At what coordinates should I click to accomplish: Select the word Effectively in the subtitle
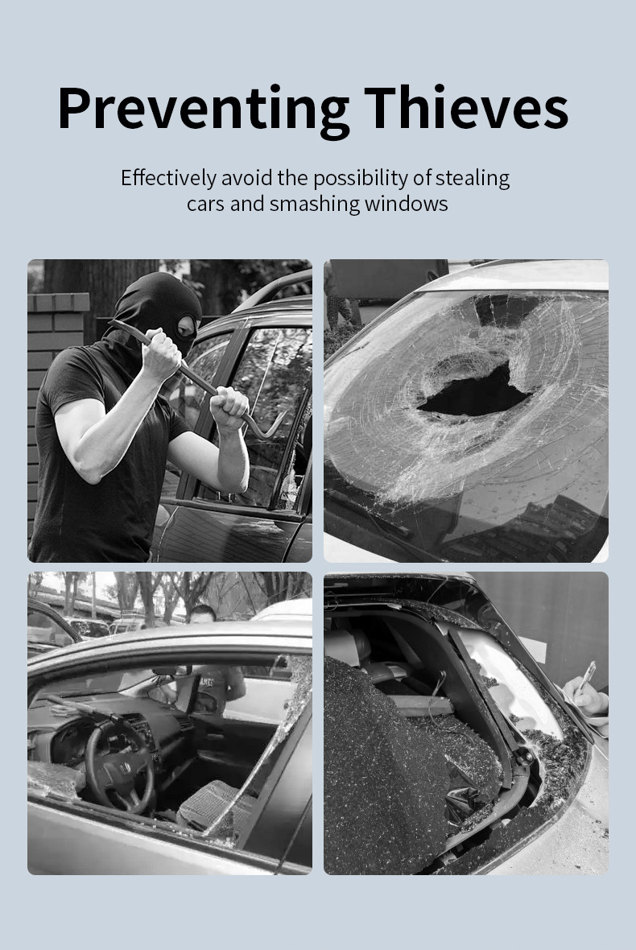click(168, 178)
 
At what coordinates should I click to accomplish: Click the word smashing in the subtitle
click(315, 204)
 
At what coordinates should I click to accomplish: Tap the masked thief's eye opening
click(187, 326)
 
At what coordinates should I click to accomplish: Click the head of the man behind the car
click(202, 615)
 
